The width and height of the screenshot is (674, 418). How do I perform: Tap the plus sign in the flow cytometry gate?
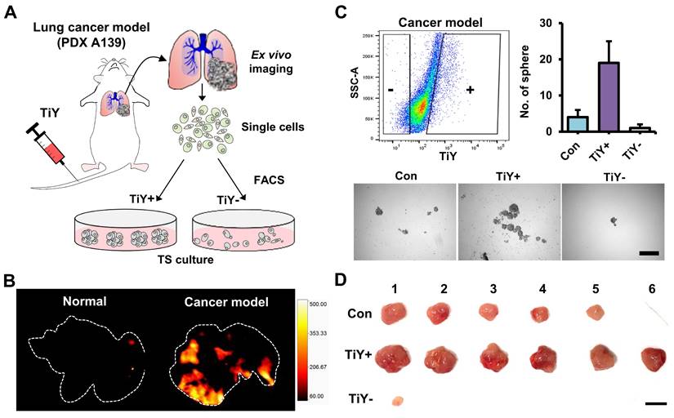(x=470, y=91)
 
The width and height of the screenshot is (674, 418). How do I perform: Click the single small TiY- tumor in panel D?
(x=398, y=401)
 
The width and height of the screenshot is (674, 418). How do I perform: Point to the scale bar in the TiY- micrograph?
(x=649, y=252)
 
